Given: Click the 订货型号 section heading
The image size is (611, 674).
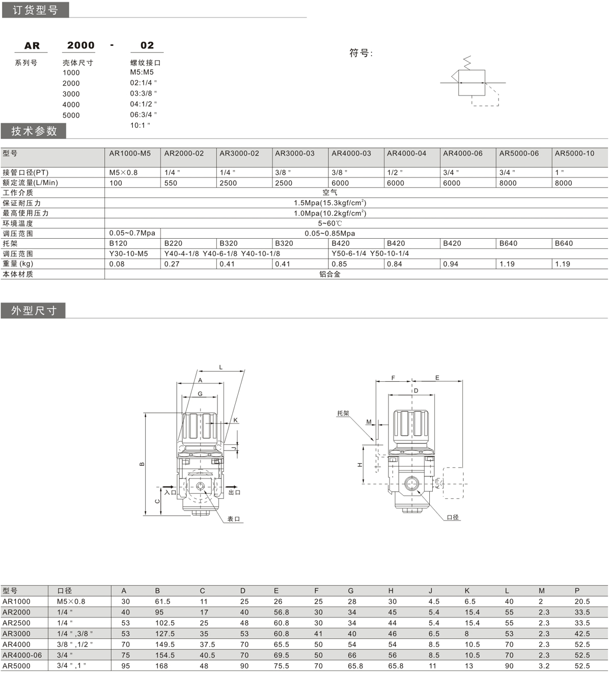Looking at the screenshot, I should pos(35,10).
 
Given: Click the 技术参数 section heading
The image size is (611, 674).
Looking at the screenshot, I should pos(34,131).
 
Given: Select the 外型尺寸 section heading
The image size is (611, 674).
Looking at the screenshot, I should pos(34,311).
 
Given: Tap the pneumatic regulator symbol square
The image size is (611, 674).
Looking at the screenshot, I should pos(471,82).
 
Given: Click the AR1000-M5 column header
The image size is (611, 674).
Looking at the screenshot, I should pos(130,153).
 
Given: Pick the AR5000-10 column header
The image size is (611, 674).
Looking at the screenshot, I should pos(574,153).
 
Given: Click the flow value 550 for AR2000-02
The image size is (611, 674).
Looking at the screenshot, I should pos(171,183).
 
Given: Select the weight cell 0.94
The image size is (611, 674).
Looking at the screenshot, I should pos(451,264).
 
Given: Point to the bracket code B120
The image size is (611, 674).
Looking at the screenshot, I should pos(118,243).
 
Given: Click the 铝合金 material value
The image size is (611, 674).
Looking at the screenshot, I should pos(330,274).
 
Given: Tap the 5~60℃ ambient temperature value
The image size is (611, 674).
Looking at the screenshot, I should pos(330,223).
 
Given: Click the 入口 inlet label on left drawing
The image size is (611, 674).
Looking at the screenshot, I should pos(170,492).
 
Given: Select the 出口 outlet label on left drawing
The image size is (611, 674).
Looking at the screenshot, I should pos(234,492).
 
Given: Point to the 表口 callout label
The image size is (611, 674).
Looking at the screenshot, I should pos(233,519).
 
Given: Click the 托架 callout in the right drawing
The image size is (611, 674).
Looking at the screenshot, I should pos(343,413).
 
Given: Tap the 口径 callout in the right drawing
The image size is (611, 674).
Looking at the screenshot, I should pos(453,517).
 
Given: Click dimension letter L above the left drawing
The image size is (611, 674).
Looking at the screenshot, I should pos(221,367).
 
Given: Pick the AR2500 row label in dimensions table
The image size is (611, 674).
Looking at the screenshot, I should pos(16,623).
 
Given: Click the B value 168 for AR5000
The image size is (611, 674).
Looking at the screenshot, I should pos(161,666).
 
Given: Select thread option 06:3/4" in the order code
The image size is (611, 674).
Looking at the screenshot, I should pos(143,115).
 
